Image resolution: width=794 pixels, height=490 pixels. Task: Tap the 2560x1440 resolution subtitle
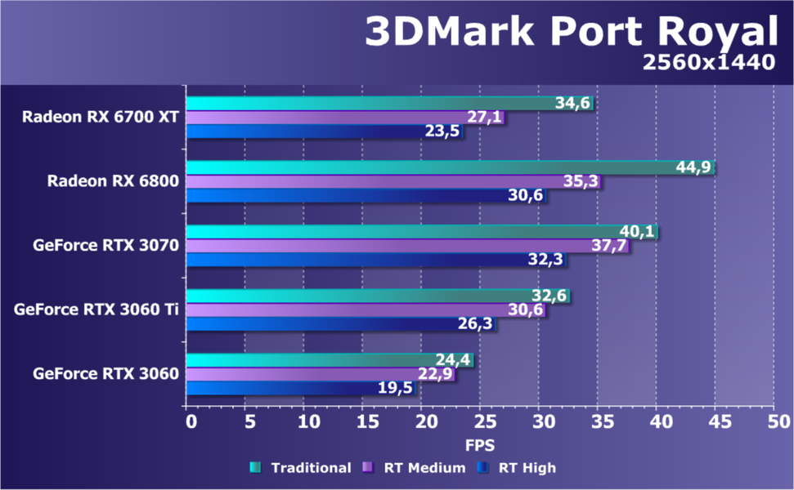(708, 63)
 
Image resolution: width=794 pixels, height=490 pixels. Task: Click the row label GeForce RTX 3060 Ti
(96, 310)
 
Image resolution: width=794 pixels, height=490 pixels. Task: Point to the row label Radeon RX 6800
(112, 181)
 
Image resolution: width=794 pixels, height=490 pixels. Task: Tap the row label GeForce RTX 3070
(106, 244)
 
